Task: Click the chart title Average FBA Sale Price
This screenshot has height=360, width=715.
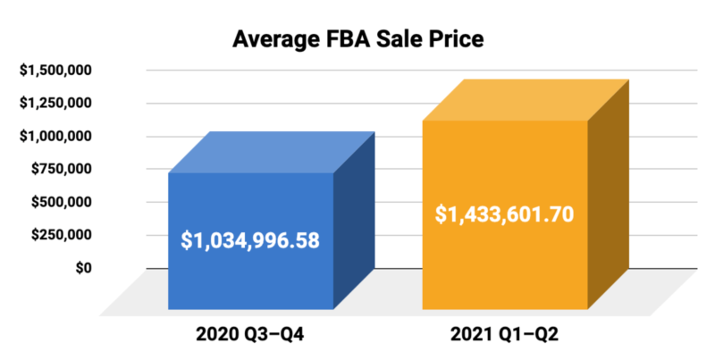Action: click(x=357, y=40)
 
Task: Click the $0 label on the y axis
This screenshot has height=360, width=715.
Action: click(x=83, y=267)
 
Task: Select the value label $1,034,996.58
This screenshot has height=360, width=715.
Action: click(x=250, y=240)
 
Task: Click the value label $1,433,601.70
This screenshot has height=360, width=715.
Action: click(x=504, y=214)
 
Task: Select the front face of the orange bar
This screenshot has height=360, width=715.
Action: click(x=504, y=268)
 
